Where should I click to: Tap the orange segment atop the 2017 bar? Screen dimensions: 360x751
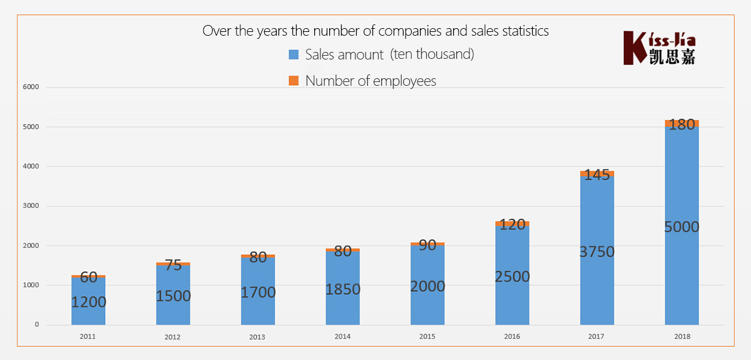pos(597,173)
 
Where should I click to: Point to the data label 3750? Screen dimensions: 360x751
pos(597,252)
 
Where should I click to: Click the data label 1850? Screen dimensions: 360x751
pos(342,289)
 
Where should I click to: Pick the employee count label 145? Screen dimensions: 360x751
pos(597,175)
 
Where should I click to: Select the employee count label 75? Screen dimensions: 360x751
pos(173,265)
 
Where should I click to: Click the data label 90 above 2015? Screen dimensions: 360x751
pos(427,245)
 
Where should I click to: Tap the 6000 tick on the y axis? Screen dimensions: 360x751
pos(31,87)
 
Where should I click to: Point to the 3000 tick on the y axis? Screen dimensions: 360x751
pos(31,206)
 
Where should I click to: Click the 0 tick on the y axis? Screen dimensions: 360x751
pos(37,325)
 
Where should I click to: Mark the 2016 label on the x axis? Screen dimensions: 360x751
pos(512,337)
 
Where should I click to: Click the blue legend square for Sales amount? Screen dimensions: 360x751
pos(294,55)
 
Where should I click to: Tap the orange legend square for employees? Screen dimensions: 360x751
pos(294,81)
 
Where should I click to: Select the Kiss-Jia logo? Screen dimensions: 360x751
pos(660,48)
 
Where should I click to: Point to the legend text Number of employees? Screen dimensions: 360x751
pos(370,81)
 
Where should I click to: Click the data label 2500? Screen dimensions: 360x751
pos(512,277)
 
